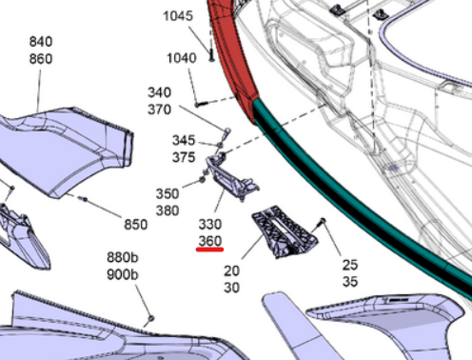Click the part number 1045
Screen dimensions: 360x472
179,17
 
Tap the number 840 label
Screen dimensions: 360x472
41,43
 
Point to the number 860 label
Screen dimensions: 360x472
41,58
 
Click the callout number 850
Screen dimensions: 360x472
136,225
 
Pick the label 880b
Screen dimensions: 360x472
123,259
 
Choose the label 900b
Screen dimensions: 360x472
123,274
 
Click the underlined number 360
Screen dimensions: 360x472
209,242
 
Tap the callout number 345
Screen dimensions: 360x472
184,141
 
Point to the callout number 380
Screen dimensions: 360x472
167,210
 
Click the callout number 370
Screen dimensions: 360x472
160,109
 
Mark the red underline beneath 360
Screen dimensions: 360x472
209,252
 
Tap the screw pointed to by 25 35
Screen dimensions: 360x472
323,222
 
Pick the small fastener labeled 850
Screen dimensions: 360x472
85,200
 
